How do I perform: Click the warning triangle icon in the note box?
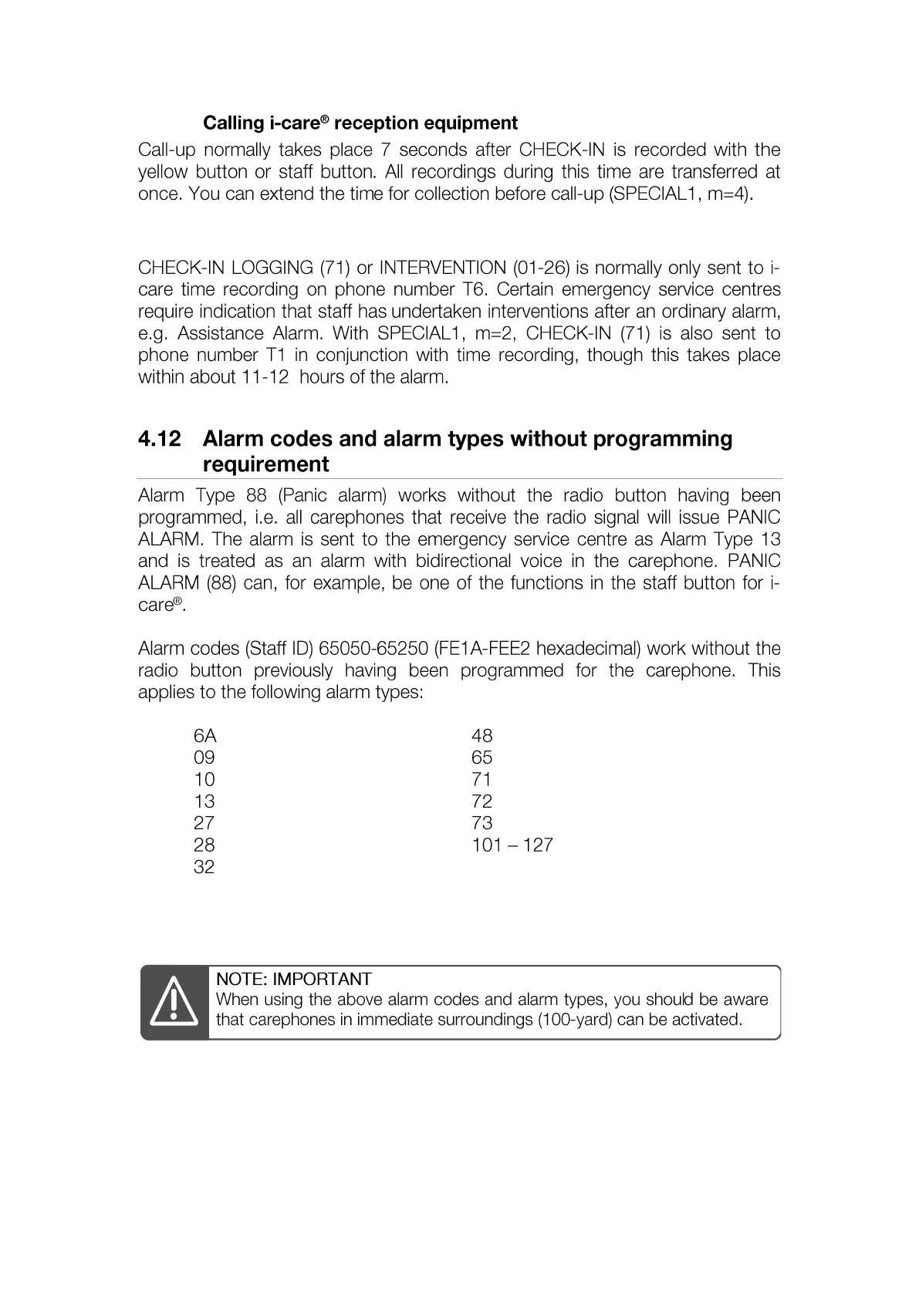tap(174, 1001)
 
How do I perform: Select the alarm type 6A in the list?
tap(204, 736)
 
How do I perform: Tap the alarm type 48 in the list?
tap(481, 736)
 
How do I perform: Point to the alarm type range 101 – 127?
tap(512, 845)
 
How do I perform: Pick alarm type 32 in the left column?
tap(204, 867)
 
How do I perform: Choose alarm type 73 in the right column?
tap(481, 823)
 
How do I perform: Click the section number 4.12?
tap(159, 439)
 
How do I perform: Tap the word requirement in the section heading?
tap(265, 464)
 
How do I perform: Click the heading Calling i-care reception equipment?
tap(360, 123)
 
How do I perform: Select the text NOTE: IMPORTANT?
tap(293, 979)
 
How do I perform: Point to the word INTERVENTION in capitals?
tap(442, 268)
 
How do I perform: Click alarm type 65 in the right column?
tap(481, 757)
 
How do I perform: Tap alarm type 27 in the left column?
tap(204, 823)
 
